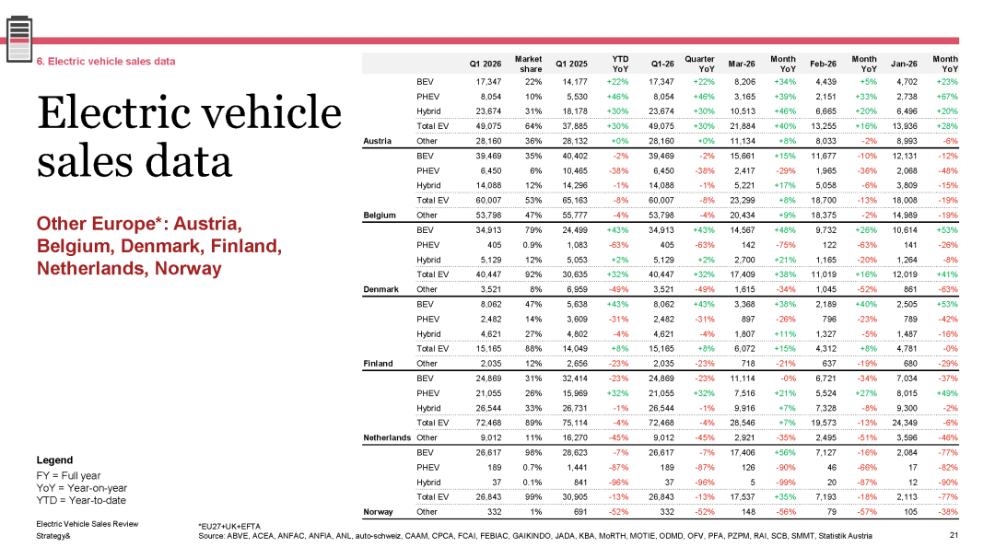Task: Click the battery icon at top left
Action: point(19,40)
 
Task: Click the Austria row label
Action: point(377,141)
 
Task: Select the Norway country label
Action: point(379,512)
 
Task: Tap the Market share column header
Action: point(528,64)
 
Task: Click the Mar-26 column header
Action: point(741,64)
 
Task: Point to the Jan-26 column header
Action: point(904,64)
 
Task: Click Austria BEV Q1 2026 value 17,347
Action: point(488,82)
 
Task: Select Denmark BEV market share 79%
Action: point(533,230)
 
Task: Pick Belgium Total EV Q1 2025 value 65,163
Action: point(575,201)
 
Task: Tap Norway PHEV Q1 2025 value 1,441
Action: point(577,468)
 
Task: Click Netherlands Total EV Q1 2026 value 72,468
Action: point(488,424)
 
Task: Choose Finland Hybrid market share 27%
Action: point(533,334)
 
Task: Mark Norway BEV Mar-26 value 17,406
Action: point(743,453)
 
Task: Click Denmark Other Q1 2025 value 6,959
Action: point(577,289)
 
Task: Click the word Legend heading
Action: point(54,460)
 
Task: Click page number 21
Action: point(954,536)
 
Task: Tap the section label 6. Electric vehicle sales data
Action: point(105,62)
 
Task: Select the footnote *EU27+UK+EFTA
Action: point(229,527)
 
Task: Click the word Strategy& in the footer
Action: point(53,536)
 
